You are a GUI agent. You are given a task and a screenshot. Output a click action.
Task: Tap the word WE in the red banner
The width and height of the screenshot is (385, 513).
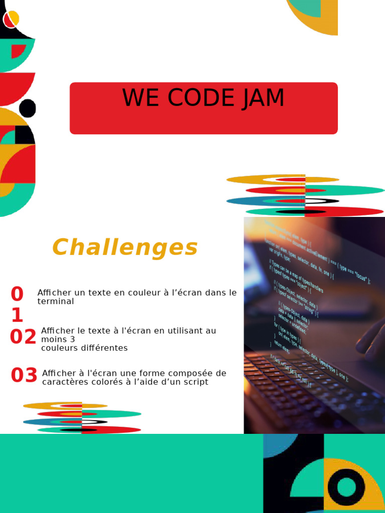[142, 98]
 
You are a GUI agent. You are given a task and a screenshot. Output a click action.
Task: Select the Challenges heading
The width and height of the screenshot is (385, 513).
[125, 247]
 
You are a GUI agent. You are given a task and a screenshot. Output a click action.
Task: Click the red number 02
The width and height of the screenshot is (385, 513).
[23, 337]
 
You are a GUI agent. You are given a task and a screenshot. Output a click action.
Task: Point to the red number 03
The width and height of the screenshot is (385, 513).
[24, 375]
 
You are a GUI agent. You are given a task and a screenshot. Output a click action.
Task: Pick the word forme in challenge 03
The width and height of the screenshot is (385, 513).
[153, 373]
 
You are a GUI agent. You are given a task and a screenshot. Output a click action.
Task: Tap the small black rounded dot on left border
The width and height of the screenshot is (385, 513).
[28, 108]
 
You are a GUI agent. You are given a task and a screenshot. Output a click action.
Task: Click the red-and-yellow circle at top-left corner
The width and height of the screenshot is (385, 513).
[11, 19]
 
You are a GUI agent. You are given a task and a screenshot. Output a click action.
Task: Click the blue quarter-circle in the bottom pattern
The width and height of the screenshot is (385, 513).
[276, 444]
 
